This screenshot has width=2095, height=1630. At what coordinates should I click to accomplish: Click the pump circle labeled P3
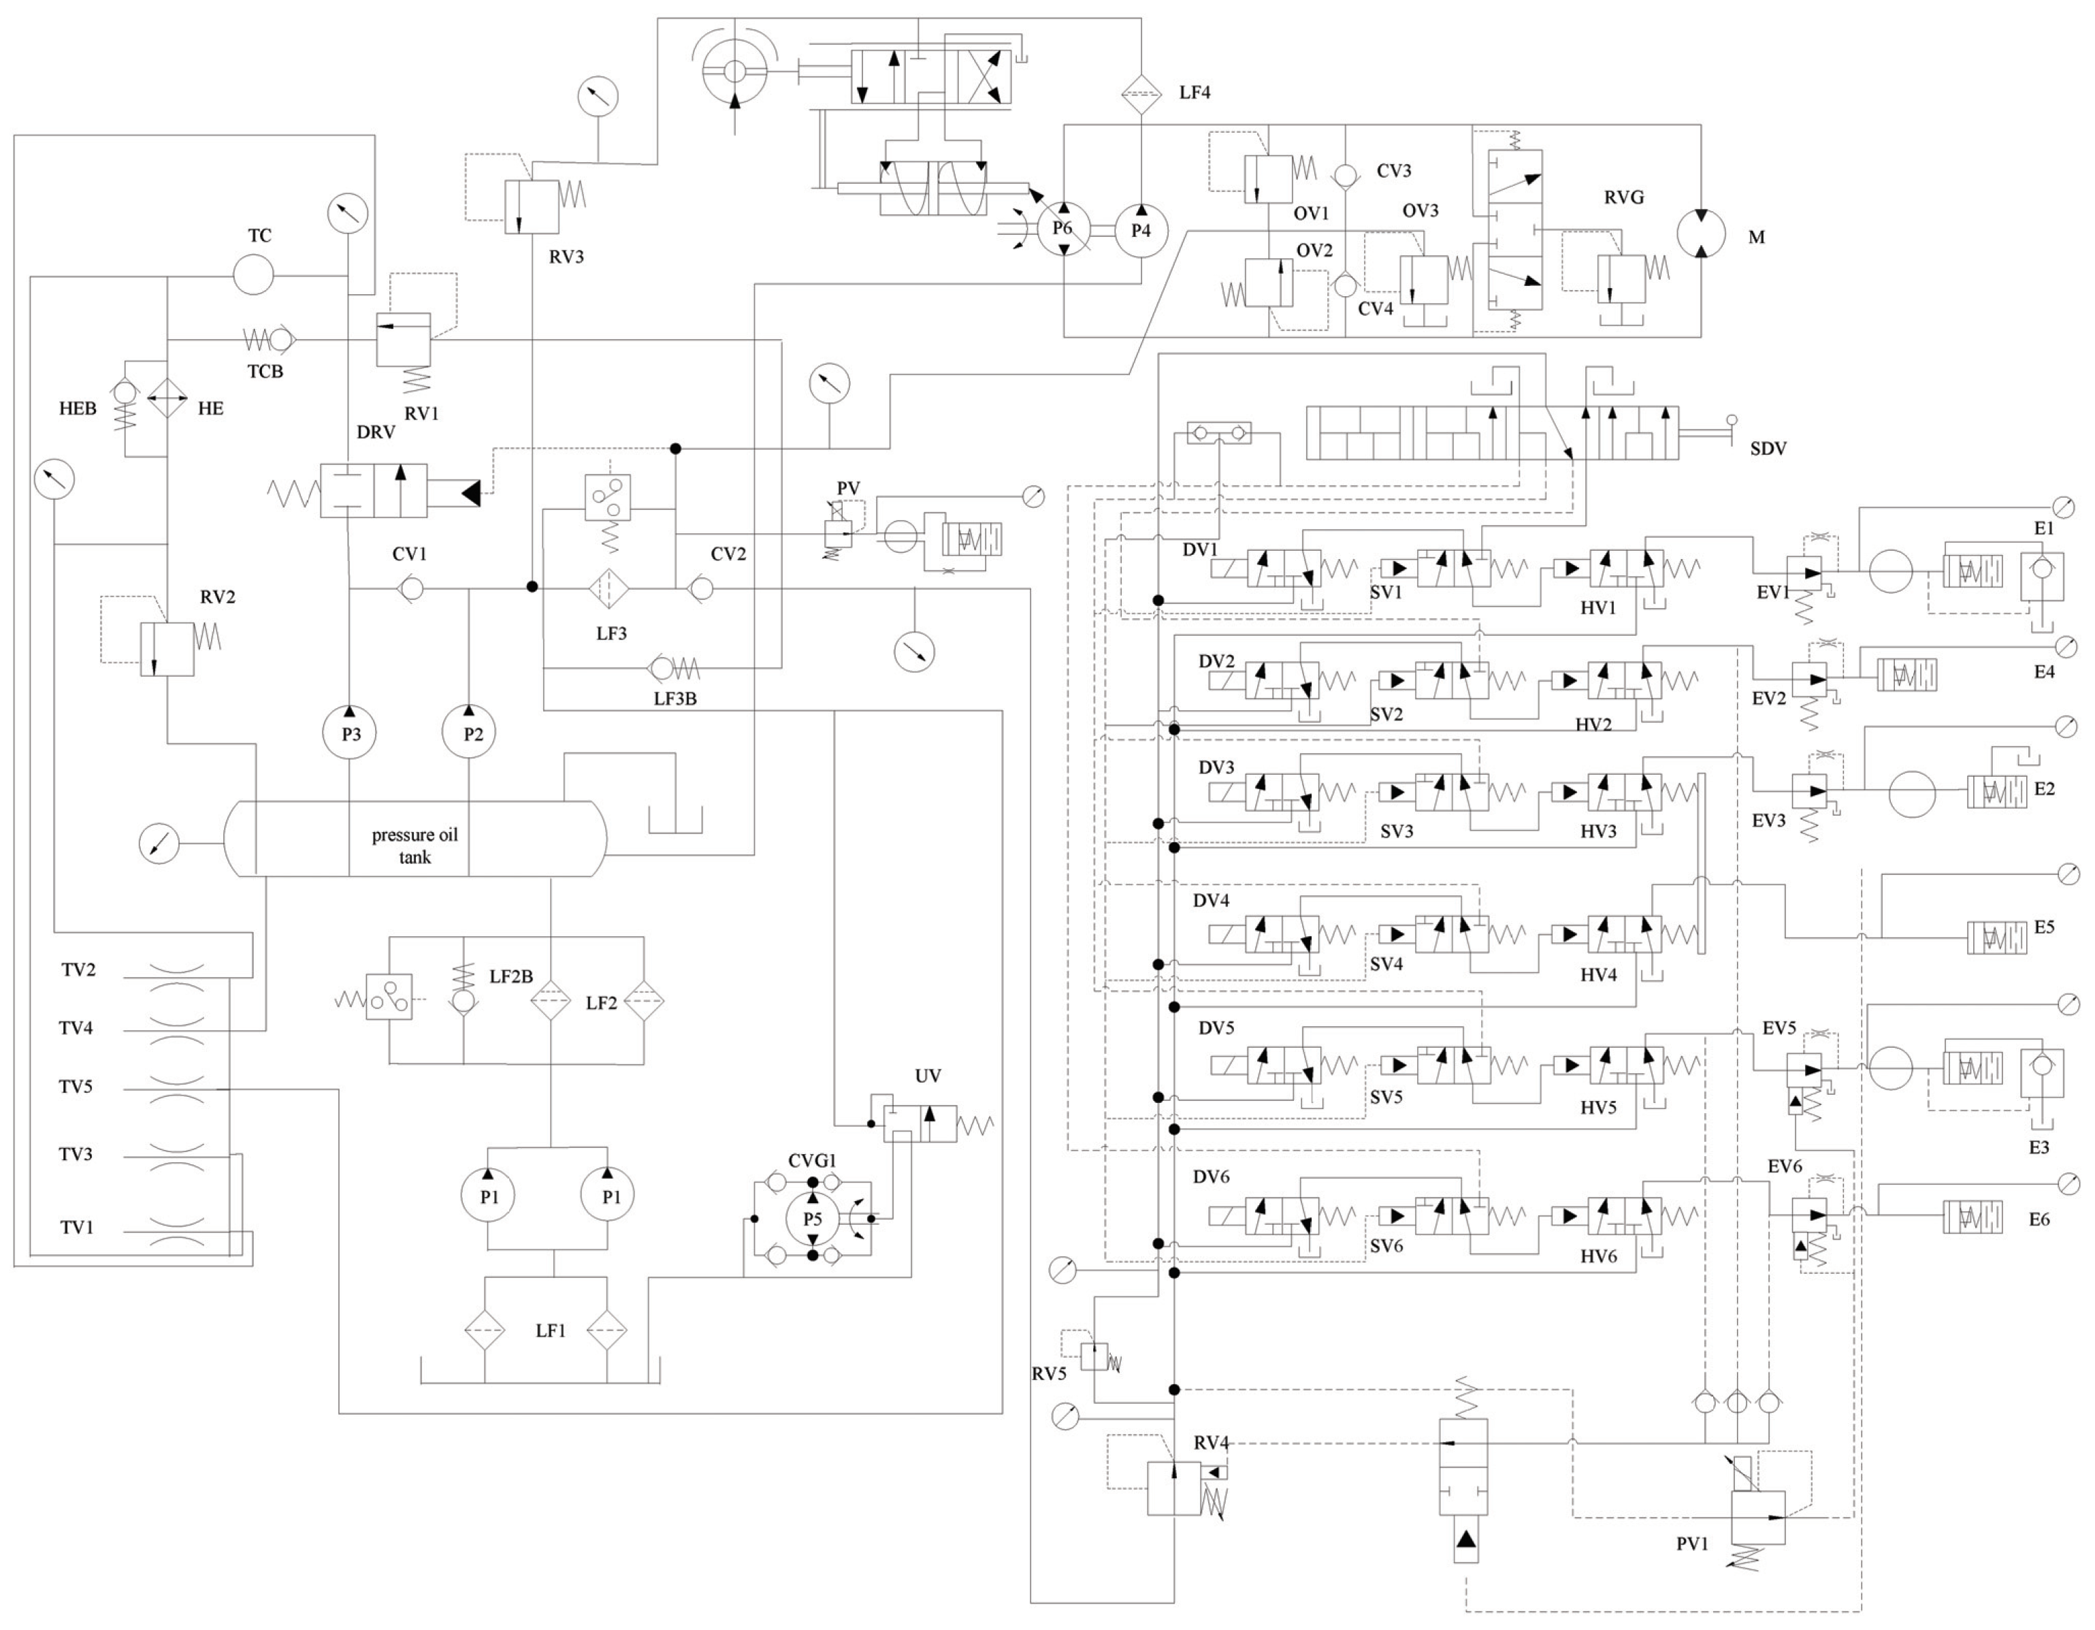349,733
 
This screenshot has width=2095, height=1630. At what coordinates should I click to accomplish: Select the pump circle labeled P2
469,733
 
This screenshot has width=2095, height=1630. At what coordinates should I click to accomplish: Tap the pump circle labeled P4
1141,230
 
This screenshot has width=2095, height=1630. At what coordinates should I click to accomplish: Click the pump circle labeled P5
813,1219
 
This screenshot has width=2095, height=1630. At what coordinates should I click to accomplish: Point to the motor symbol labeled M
1701,233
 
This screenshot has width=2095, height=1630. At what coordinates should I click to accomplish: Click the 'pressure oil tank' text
415,845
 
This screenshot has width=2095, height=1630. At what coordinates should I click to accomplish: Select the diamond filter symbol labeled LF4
1141,93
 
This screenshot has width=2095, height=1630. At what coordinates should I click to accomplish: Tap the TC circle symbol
253,275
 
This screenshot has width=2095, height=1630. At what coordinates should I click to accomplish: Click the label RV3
566,256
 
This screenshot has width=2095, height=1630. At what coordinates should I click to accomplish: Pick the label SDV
1767,448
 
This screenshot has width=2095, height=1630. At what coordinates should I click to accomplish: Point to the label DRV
375,432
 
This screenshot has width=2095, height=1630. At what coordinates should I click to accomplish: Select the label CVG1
811,1161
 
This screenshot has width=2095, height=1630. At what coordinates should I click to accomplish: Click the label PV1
1692,1544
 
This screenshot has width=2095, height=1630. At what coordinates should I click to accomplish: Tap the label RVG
1623,197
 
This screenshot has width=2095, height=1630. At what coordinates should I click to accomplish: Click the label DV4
1211,900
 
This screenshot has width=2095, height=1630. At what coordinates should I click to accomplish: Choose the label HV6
1598,1256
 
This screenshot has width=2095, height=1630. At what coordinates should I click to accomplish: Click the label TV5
76,1086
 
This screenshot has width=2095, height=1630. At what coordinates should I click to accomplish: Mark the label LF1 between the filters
550,1330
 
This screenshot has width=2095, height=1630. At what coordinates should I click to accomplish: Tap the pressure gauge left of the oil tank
159,844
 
